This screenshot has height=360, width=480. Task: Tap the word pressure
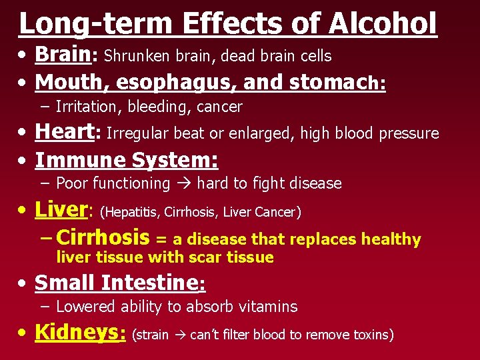[409, 134]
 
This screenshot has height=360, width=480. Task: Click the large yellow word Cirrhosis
[103, 237]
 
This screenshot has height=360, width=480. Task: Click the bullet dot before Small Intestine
[23, 283]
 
